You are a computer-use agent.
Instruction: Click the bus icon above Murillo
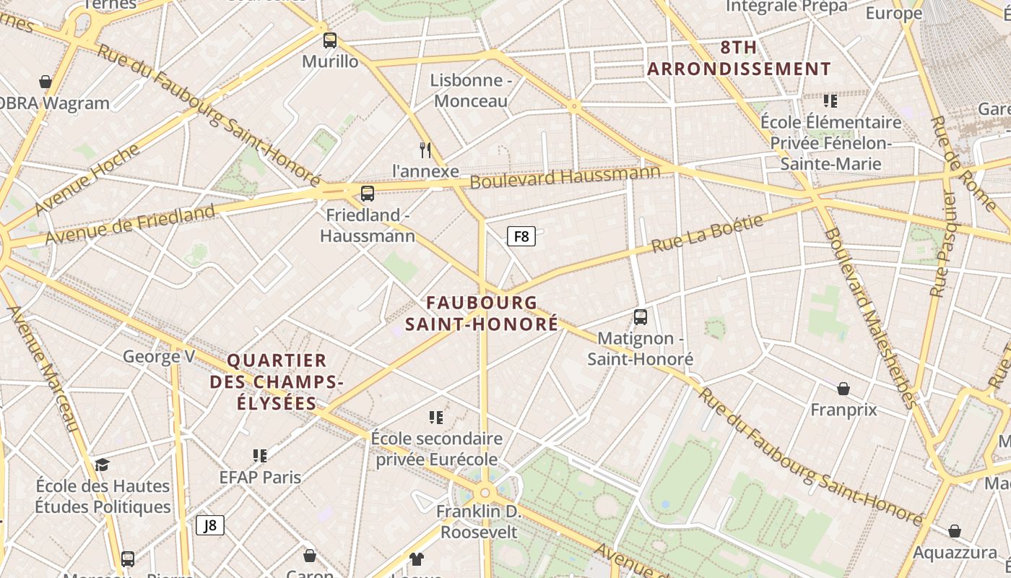tap(330, 40)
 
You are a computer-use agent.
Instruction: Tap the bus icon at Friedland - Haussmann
tap(368, 194)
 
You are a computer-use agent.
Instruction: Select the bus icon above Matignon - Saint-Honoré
tap(640, 317)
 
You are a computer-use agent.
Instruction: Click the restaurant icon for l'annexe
tap(425, 150)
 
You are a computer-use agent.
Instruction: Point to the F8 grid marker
tap(521, 236)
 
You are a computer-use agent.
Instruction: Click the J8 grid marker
tap(210, 525)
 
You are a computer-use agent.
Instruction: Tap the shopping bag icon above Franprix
tap(843, 389)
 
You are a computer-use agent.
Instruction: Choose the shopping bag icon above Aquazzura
tap(955, 532)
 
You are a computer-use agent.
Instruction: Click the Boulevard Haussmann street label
tap(565, 176)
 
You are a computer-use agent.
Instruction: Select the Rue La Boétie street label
tap(707, 233)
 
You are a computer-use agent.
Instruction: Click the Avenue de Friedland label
tap(130, 225)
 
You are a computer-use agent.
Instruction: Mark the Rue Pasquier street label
tap(943, 243)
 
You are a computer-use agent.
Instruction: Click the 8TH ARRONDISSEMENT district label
tap(739, 59)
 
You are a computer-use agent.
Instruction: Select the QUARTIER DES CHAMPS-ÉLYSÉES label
tap(277, 381)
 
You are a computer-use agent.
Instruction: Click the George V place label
tap(159, 356)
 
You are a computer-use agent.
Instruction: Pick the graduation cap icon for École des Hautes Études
tap(102, 465)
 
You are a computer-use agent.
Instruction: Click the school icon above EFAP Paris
tap(260, 455)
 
